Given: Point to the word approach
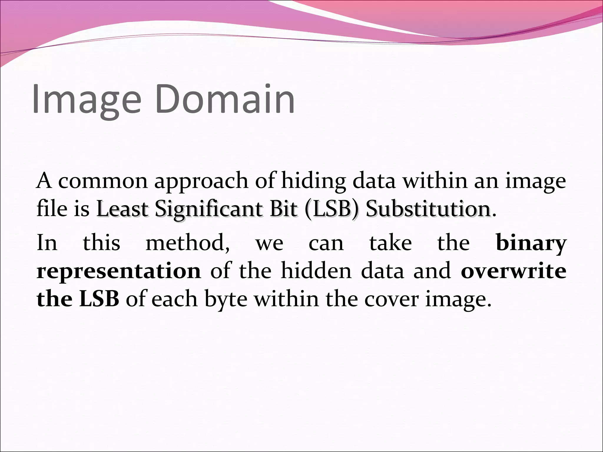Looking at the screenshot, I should [x=201, y=182].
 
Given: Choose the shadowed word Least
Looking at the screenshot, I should [x=122, y=209].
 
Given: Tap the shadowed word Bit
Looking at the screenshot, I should [x=284, y=209].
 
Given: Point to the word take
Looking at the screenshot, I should [x=391, y=243].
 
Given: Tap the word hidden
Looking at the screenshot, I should [x=316, y=271].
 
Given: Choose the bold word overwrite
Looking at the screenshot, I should [x=513, y=271].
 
